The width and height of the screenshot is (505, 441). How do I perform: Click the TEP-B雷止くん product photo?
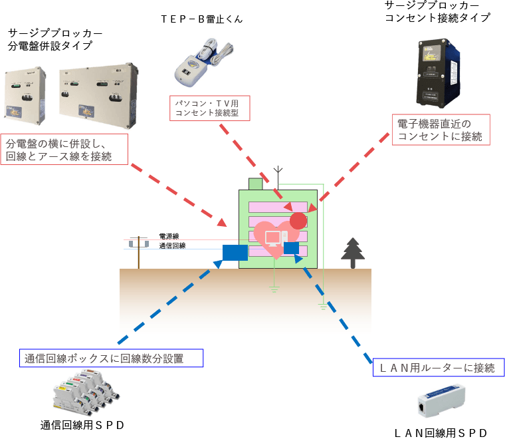tap(203, 63)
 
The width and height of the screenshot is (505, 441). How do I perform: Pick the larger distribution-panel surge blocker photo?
tap(100, 94)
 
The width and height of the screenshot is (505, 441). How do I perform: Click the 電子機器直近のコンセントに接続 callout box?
tap(441, 130)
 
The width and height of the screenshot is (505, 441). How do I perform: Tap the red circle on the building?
tap(299, 221)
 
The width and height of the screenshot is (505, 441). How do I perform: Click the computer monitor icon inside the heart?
tap(272, 238)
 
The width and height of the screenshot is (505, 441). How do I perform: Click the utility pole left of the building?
tap(139, 251)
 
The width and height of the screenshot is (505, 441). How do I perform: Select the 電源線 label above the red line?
tap(169, 236)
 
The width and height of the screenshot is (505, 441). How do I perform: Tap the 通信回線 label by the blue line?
tap(171, 246)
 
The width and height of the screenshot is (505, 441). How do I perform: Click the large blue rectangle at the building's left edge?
tap(235, 253)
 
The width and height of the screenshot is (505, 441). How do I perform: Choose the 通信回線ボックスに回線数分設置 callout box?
tap(112, 359)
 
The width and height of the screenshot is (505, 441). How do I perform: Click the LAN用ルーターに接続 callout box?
tap(435, 368)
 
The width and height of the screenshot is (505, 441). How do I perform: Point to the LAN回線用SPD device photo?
tap(442, 402)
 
